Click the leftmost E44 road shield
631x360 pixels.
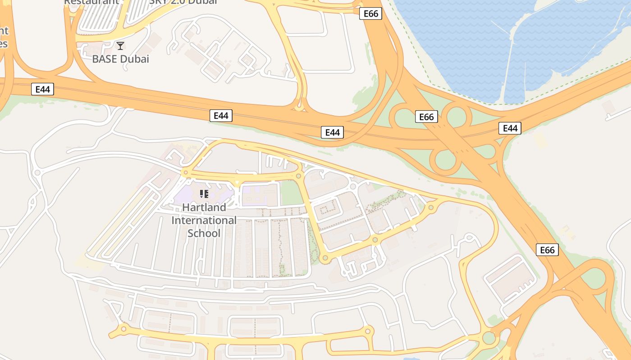(43, 89)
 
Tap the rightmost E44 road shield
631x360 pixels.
(510, 128)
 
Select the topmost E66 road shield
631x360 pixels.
(371, 13)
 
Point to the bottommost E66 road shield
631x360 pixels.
(547, 250)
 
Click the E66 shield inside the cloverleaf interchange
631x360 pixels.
(426, 117)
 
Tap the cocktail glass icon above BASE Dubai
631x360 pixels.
(120, 46)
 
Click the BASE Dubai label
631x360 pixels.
(120, 59)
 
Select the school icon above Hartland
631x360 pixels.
(204, 194)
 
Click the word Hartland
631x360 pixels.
(204, 207)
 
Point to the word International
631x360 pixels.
(204, 220)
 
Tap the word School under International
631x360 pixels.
(204, 233)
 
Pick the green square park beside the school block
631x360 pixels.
(291, 193)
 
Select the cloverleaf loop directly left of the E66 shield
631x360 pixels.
(404, 118)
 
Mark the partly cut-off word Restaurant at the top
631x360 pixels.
(91, 2)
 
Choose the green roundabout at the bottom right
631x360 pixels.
(489, 337)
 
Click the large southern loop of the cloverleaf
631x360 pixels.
(445, 159)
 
